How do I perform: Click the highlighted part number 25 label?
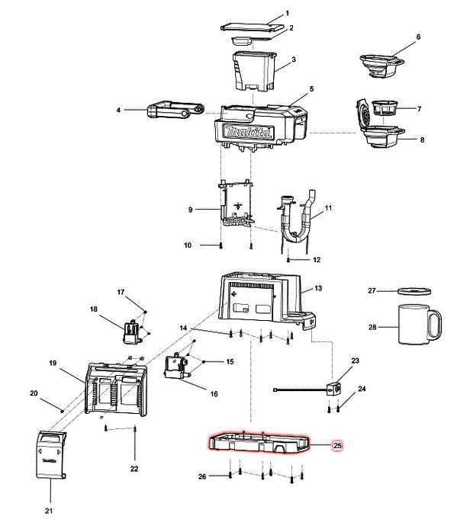[x=337, y=446]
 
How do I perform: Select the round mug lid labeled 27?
[x=414, y=291]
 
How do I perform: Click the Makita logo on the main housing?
[x=249, y=132]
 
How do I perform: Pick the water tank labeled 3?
[x=254, y=71]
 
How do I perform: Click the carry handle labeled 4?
[x=175, y=110]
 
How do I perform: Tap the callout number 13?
[x=318, y=288]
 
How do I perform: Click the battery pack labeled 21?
[x=51, y=454]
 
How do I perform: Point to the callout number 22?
[x=134, y=469]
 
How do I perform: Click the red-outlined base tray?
[x=259, y=442]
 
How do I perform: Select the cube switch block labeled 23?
[x=333, y=388]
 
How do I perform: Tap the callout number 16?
[x=214, y=394]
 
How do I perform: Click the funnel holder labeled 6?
[x=381, y=66]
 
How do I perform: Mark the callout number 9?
[x=191, y=210]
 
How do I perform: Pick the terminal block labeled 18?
[x=132, y=332]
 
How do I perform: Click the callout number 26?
[x=202, y=476]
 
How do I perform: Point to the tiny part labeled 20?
[x=62, y=411]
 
